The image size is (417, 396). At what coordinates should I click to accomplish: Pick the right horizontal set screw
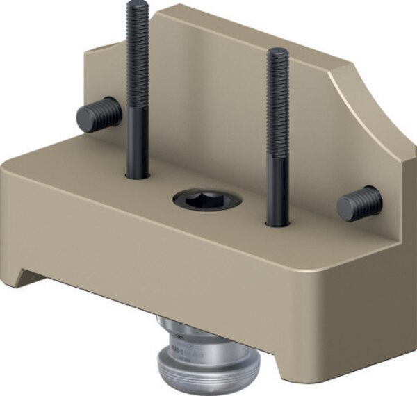click(x=360, y=204)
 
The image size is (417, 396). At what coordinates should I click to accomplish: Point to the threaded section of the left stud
click(x=137, y=56)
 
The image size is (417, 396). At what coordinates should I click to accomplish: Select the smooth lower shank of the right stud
click(x=278, y=195)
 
